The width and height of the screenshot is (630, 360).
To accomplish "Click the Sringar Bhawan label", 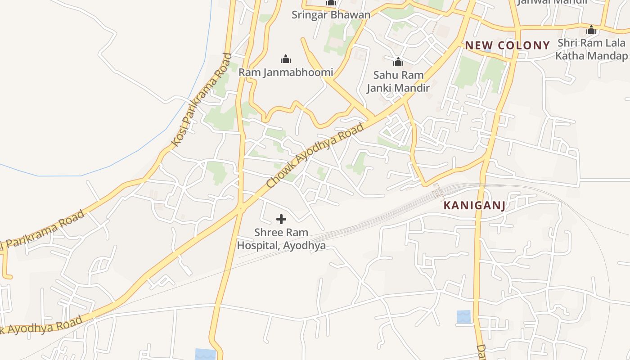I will point(331,14).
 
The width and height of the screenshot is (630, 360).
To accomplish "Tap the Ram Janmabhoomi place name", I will point(286,72).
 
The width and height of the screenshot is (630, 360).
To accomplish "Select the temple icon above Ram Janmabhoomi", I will point(286,59).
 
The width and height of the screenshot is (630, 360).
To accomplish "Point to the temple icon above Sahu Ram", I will point(398,62).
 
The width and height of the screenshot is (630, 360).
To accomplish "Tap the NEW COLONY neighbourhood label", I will point(507,45).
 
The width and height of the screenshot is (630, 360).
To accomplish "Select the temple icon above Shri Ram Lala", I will point(591,30).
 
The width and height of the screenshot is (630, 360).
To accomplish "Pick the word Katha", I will point(570,56).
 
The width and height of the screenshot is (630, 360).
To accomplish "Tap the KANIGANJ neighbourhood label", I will point(474,206).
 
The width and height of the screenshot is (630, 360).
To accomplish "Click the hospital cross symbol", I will point(281,219).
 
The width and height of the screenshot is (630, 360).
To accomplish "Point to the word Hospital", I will point(257,246).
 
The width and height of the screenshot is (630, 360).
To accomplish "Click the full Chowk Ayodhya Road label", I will point(315,156).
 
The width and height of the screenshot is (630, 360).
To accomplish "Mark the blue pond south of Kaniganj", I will point(463,317).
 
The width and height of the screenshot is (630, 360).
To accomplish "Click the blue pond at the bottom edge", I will point(205,354).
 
